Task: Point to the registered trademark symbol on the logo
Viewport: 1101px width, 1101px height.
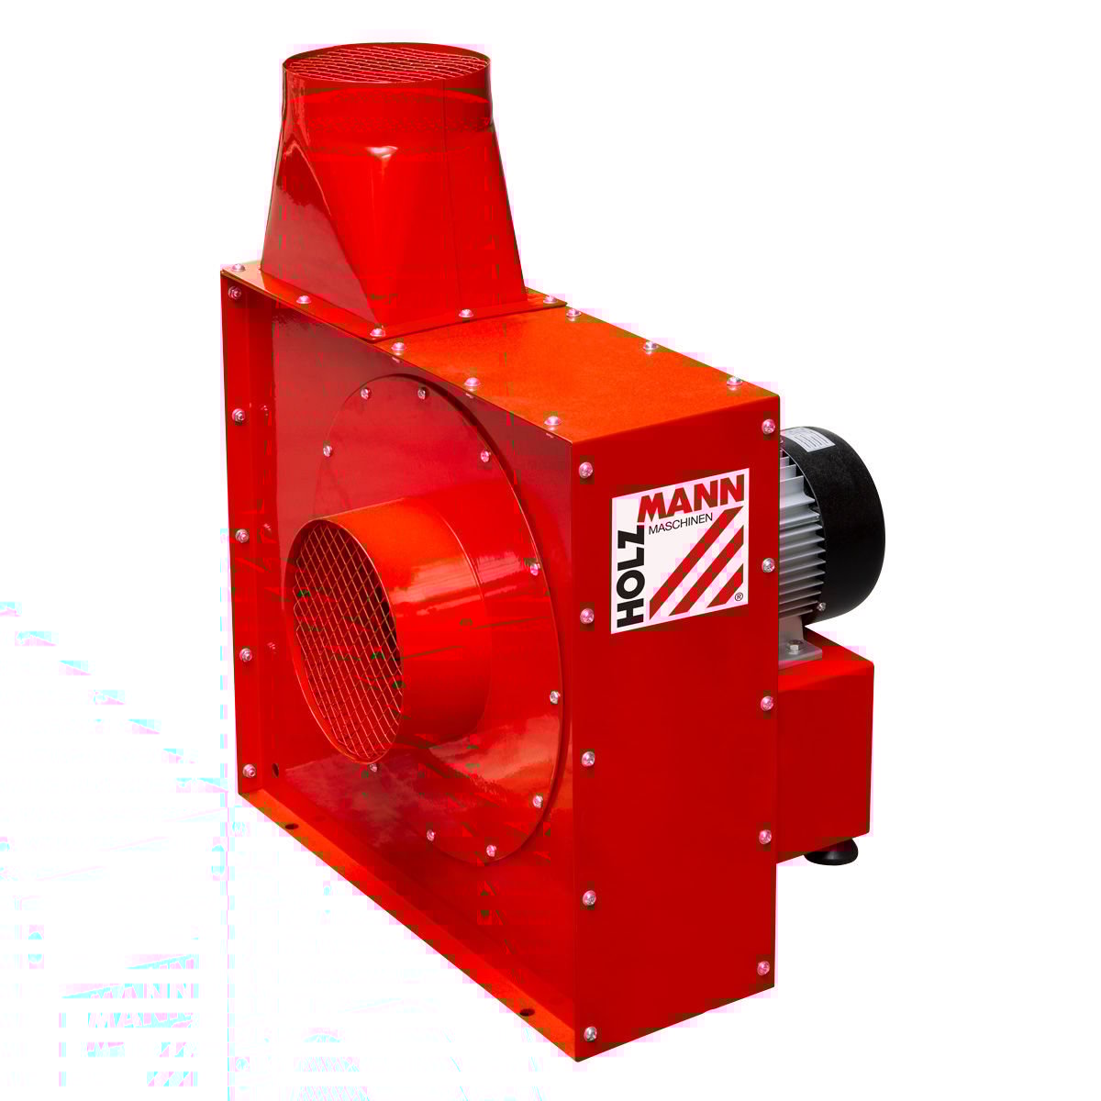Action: point(739,596)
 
